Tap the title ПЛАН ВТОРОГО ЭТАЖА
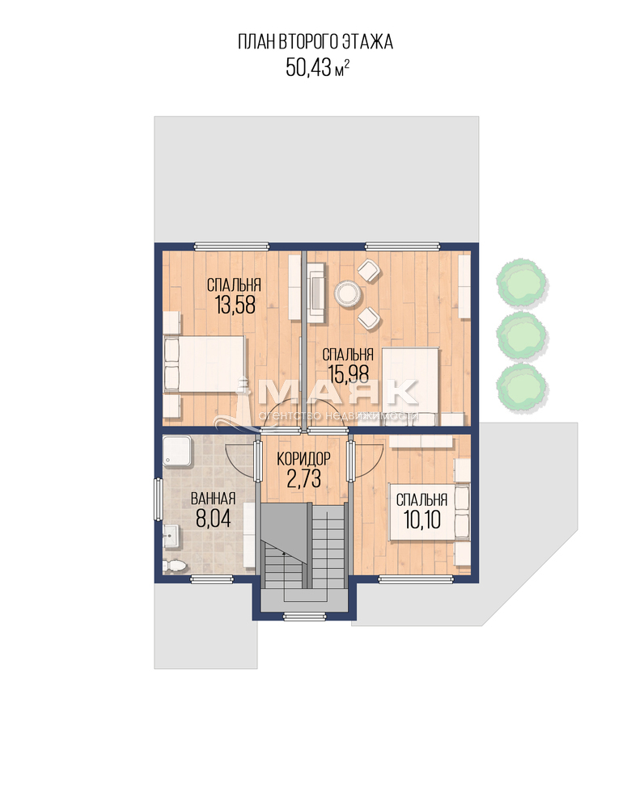click(x=315, y=42)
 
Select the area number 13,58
click(x=235, y=305)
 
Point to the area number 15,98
click(x=348, y=374)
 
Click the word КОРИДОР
click(x=303, y=458)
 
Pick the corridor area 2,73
click(x=304, y=478)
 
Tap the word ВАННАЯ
click(x=213, y=499)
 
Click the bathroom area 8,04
click(x=213, y=519)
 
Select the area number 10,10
click(x=422, y=520)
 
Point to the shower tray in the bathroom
click(x=177, y=452)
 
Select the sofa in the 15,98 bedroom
click(x=316, y=292)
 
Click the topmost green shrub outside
click(x=522, y=281)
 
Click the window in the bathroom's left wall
click(x=159, y=499)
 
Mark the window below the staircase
click(x=305, y=616)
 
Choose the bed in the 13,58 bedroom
click(x=204, y=364)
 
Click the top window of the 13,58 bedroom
click(x=232, y=246)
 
